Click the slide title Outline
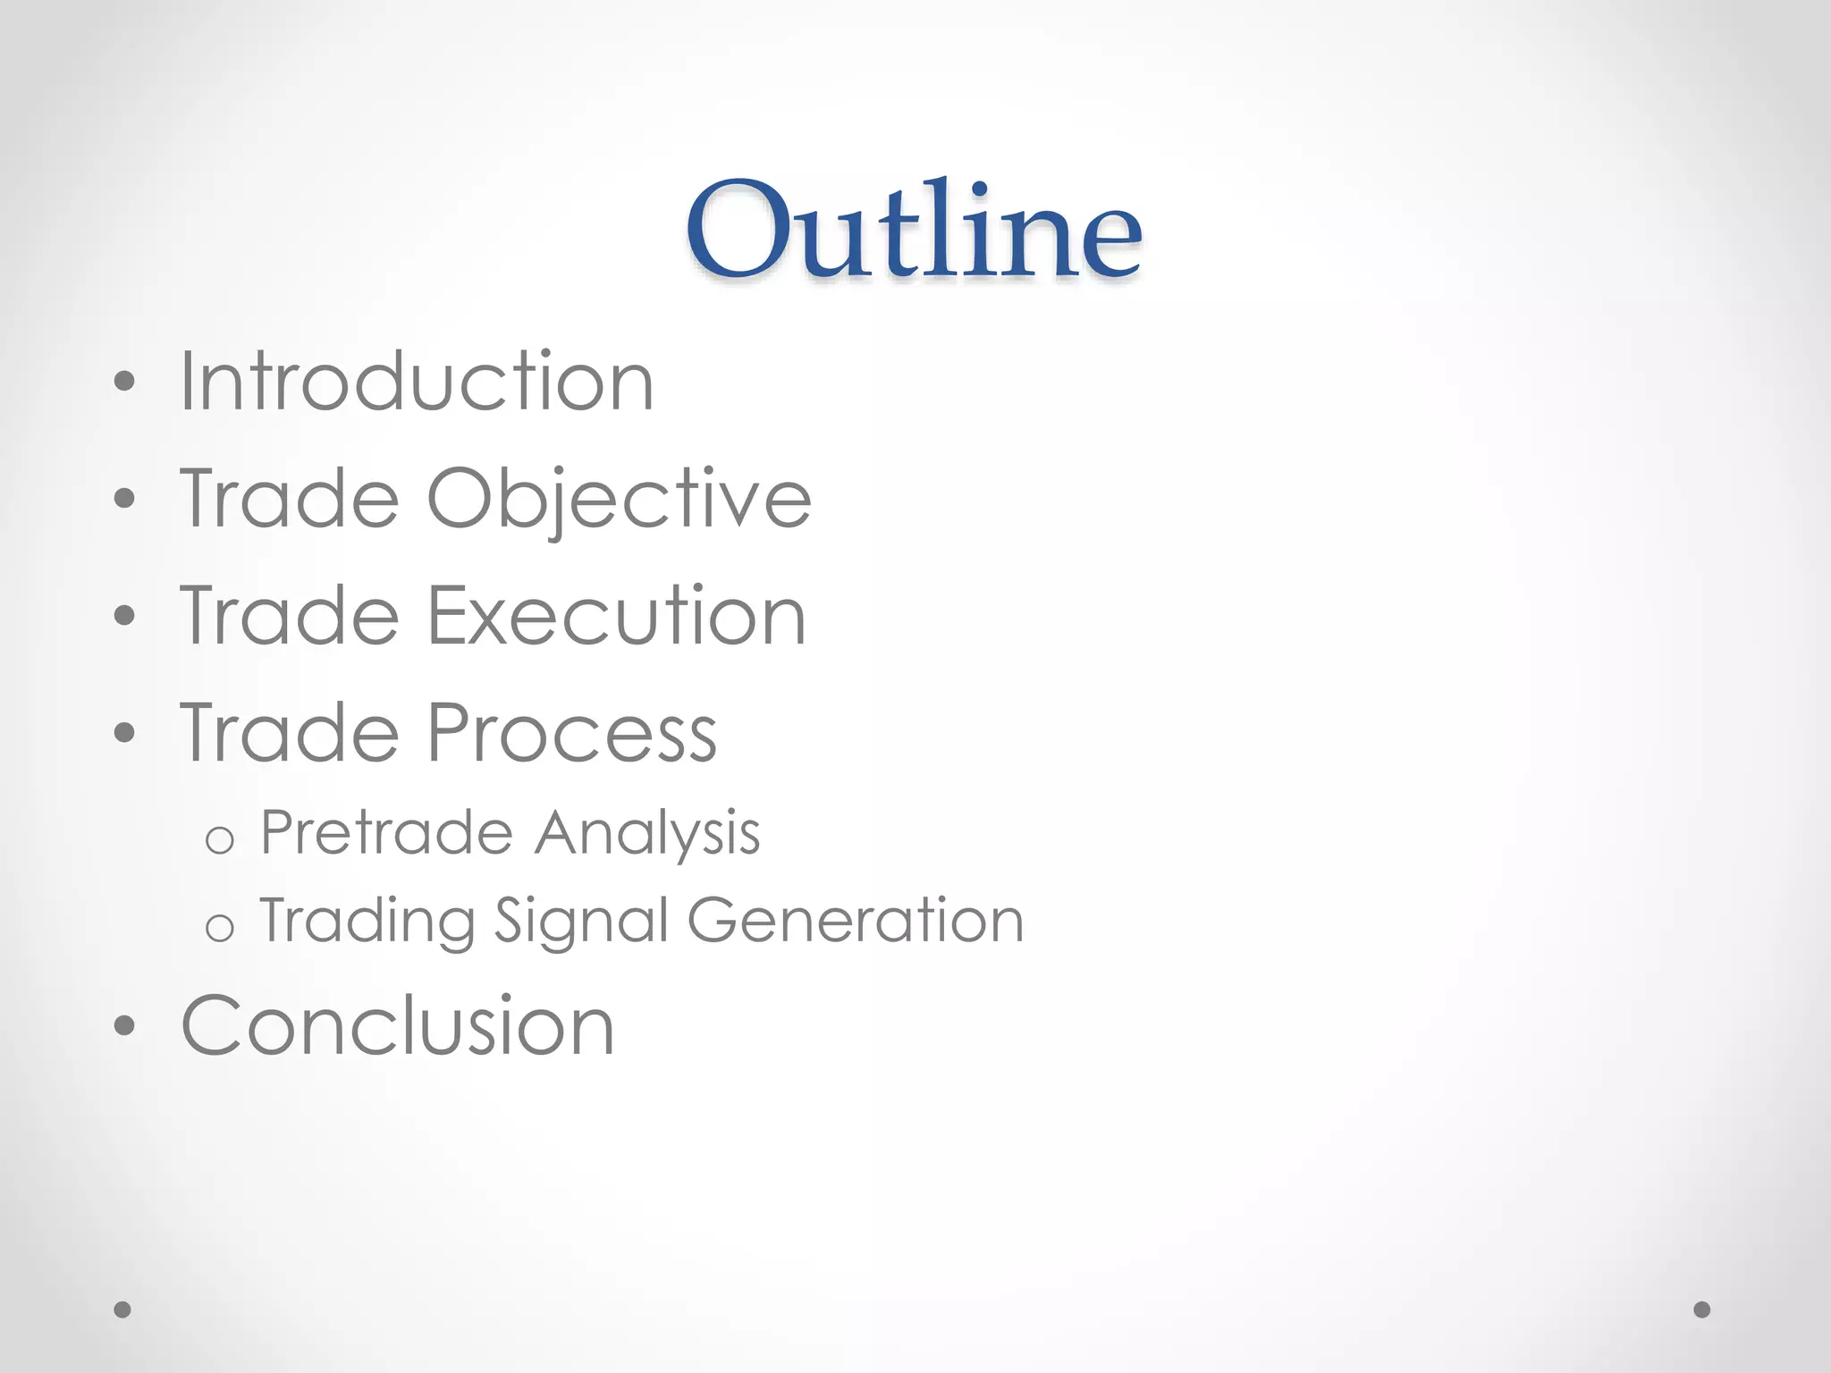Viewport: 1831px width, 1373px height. (x=914, y=230)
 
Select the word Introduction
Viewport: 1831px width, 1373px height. (x=417, y=382)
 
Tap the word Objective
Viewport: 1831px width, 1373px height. (x=619, y=499)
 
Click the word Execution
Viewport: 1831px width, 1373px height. (x=617, y=616)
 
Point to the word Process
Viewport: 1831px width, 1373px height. (x=572, y=733)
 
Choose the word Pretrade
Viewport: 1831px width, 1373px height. (x=386, y=833)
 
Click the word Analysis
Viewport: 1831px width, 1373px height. (x=647, y=833)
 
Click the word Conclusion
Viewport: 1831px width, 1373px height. (x=398, y=1025)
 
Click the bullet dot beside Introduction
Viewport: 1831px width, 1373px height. (x=124, y=383)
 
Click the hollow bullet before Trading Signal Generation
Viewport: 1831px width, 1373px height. (x=219, y=928)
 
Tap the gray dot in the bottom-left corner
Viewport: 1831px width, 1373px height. (x=122, y=1310)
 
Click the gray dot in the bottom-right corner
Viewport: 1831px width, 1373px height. (x=1702, y=1310)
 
